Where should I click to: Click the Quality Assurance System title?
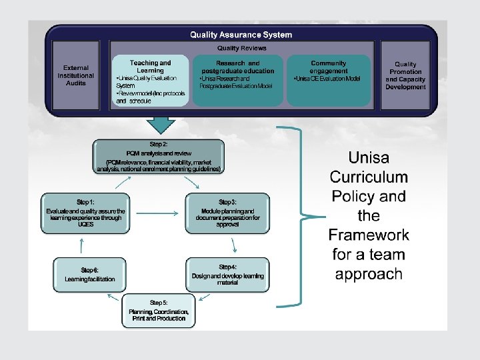(241, 35)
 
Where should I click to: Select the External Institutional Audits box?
(76, 75)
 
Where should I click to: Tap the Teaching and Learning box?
(151, 80)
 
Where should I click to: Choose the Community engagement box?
(328, 80)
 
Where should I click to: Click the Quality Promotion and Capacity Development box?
(405, 75)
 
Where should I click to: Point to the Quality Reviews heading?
(241, 48)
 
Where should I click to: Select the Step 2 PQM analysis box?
(159, 157)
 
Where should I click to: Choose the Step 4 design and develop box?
(227, 275)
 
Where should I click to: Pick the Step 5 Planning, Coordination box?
(159, 311)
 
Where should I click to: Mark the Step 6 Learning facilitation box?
(89, 274)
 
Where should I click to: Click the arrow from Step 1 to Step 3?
(156, 213)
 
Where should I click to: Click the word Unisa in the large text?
(369, 158)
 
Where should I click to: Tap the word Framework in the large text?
(369, 235)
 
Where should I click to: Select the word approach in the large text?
(369, 273)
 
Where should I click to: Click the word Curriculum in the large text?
(369, 177)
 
